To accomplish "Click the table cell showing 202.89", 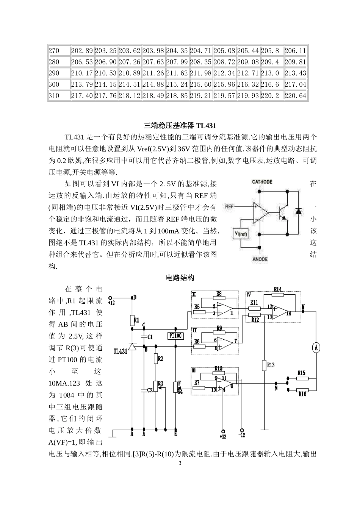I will tap(82, 51).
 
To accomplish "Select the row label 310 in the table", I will tap(54, 96).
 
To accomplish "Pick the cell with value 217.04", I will tap(295, 84).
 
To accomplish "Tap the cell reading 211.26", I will tap(153, 73).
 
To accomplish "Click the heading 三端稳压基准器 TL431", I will tap(180, 125).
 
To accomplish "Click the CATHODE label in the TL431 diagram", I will tap(262, 182).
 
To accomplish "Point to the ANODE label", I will tap(260, 259).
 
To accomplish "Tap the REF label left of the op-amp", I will tap(230, 206).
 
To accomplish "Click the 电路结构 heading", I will tap(180, 278).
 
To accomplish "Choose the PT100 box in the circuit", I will tap(175, 336).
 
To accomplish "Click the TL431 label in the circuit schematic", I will tap(121, 351).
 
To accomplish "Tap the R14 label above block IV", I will tap(277, 289).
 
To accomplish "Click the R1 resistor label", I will tap(137, 320).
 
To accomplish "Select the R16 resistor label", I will tap(302, 394).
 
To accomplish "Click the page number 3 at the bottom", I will tap(180, 463).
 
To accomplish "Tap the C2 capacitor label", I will tap(150, 390).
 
